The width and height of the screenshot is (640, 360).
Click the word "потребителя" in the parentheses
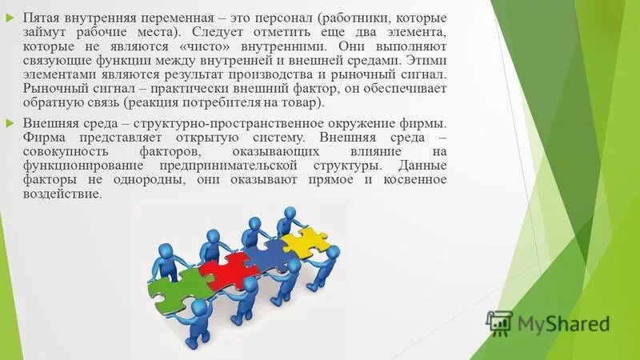coord(241,103)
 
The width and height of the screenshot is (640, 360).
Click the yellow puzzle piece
coord(303,238)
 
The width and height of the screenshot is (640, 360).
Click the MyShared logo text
coord(563,323)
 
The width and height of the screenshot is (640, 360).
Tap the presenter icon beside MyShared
coord(499,322)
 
